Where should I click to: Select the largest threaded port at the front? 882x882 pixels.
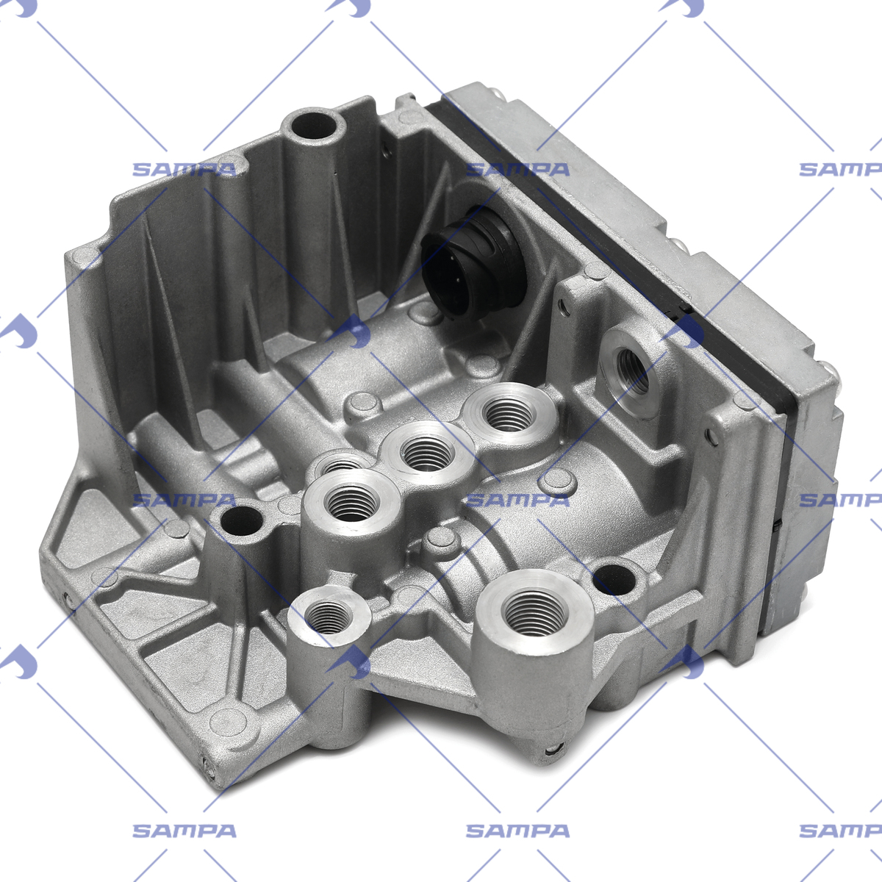534,610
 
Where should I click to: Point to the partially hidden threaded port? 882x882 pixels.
340,463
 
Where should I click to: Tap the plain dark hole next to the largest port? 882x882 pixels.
614,578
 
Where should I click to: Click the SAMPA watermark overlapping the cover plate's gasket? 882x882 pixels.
517,169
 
